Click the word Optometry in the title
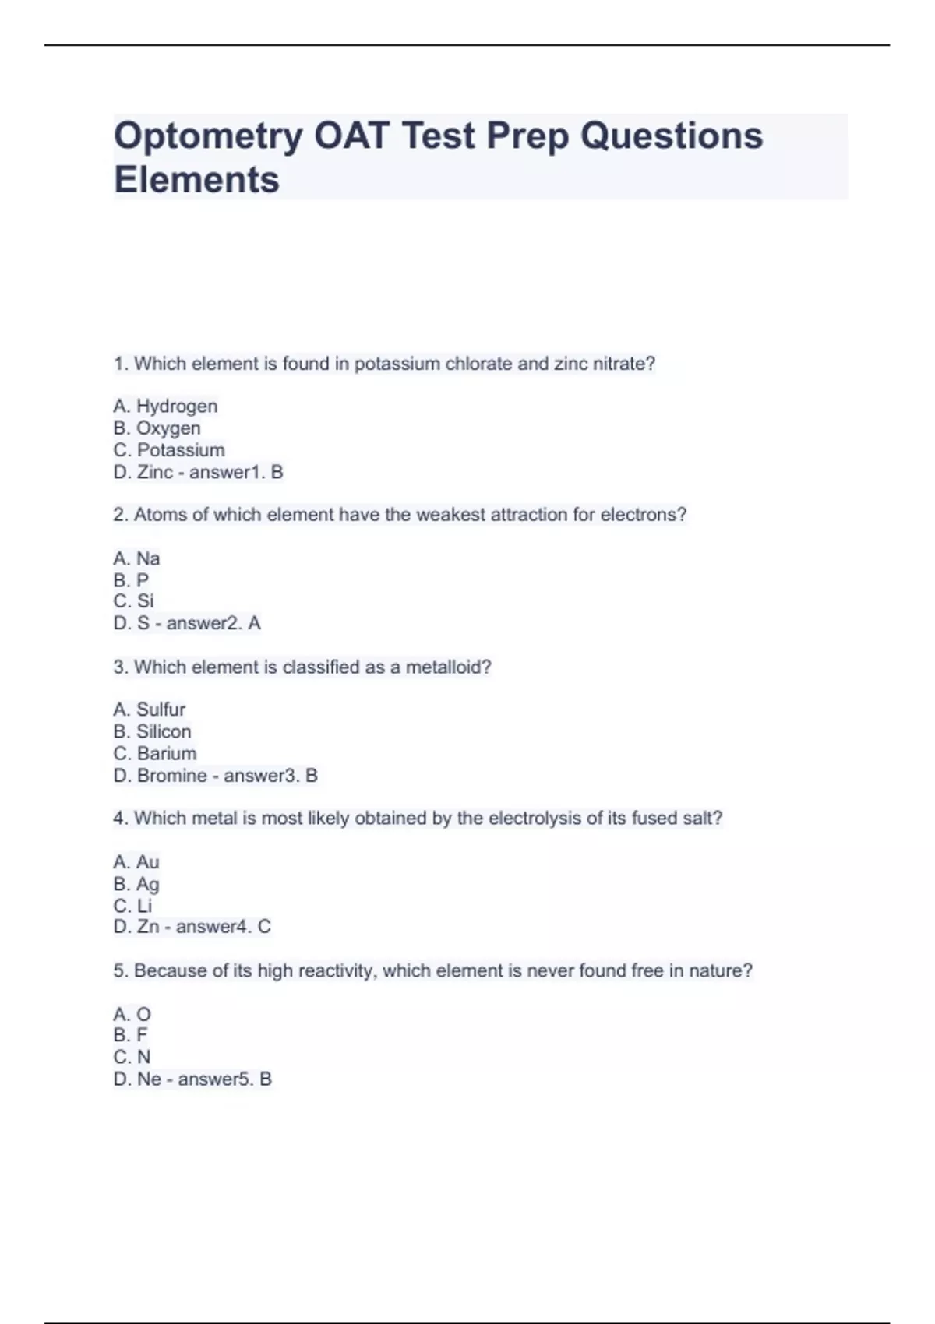coord(208,136)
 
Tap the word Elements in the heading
coord(196,180)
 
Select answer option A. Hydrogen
coord(165,406)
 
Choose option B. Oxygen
coord(157,428)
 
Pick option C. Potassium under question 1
coord(169,449)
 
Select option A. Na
coord(136,558)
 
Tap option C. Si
coord(133,600)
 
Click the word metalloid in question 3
coord(448,667)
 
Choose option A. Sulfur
coord(149,709)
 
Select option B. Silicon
coord(152,731)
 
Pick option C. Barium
coord(154,753)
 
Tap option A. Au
coord(136,861)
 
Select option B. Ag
coord(136,883)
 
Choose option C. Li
coord(132,905)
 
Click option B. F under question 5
coord(130,1034)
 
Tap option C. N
coord(132,1056)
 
